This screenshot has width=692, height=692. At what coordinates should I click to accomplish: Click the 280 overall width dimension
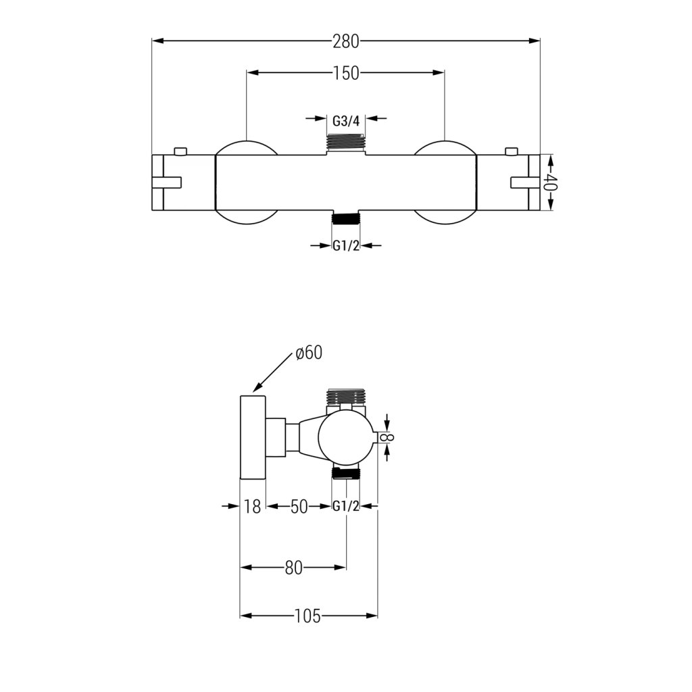(346, 41)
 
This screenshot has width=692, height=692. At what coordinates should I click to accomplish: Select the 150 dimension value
(346, 73)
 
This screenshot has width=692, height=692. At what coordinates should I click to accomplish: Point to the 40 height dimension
(550, 182)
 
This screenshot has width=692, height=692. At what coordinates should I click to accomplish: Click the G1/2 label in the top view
(346, 246)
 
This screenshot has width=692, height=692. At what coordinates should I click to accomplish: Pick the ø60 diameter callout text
(309, 353)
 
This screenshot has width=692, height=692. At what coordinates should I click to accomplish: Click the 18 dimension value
(253, 507)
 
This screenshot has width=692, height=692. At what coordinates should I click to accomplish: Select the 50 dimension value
(299, 507)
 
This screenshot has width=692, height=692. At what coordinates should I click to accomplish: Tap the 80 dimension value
(293, 568)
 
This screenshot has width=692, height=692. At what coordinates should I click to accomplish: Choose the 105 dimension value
(307, 616)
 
